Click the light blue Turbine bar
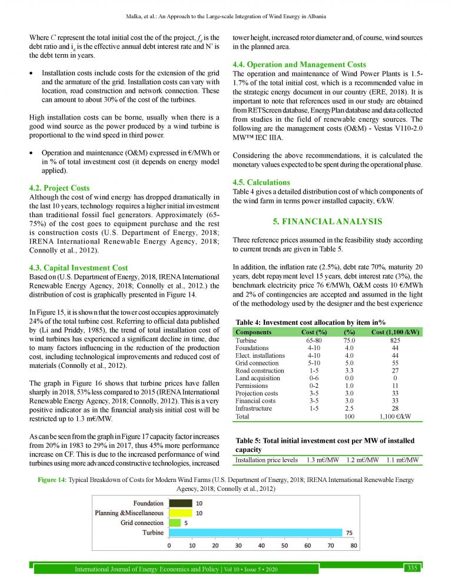(x=255, y=532)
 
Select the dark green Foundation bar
(x=181, y=503)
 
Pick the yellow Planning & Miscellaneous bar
(x=181, y=513)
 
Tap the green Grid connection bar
(x=175, y=522)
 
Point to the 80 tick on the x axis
(x=353, y=545)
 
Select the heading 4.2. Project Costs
(x=59, y=188)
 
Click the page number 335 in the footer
(x=412, y=568)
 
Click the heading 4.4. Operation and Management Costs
(x=300, y=64)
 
